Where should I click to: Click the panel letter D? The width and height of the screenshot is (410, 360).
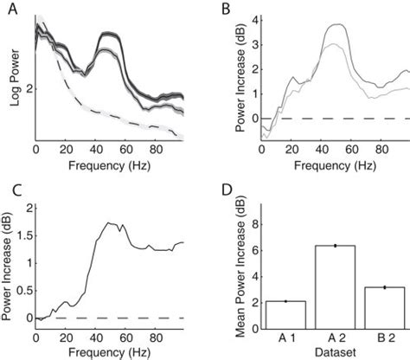(x=224, y=188)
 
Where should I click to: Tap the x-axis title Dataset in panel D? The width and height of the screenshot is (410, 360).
(x=335, y=352)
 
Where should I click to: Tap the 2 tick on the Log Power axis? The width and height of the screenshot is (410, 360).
(x=29, y=88)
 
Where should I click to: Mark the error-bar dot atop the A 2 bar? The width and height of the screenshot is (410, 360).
(x=335, y=246)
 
